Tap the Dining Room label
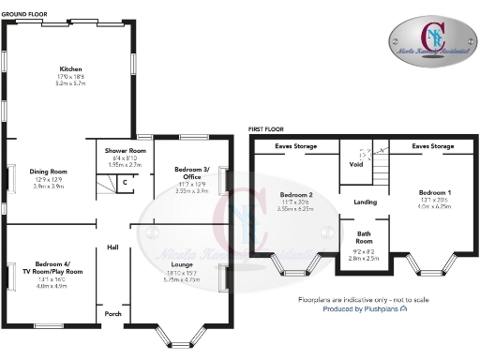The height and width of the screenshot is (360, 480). pyautogui.click(x=48, y=172)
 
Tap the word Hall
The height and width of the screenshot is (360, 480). pyautogui.click(x=112, y=247)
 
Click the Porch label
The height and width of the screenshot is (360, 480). pyautogui.click(x=112, y=313)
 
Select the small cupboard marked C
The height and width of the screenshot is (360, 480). pyautogui.click(x=125, y=181)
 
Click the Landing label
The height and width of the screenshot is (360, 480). pyautogui.click(x=365, y=202)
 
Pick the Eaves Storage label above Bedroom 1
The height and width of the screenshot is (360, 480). pyautogui.click(x=433, y=146)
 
